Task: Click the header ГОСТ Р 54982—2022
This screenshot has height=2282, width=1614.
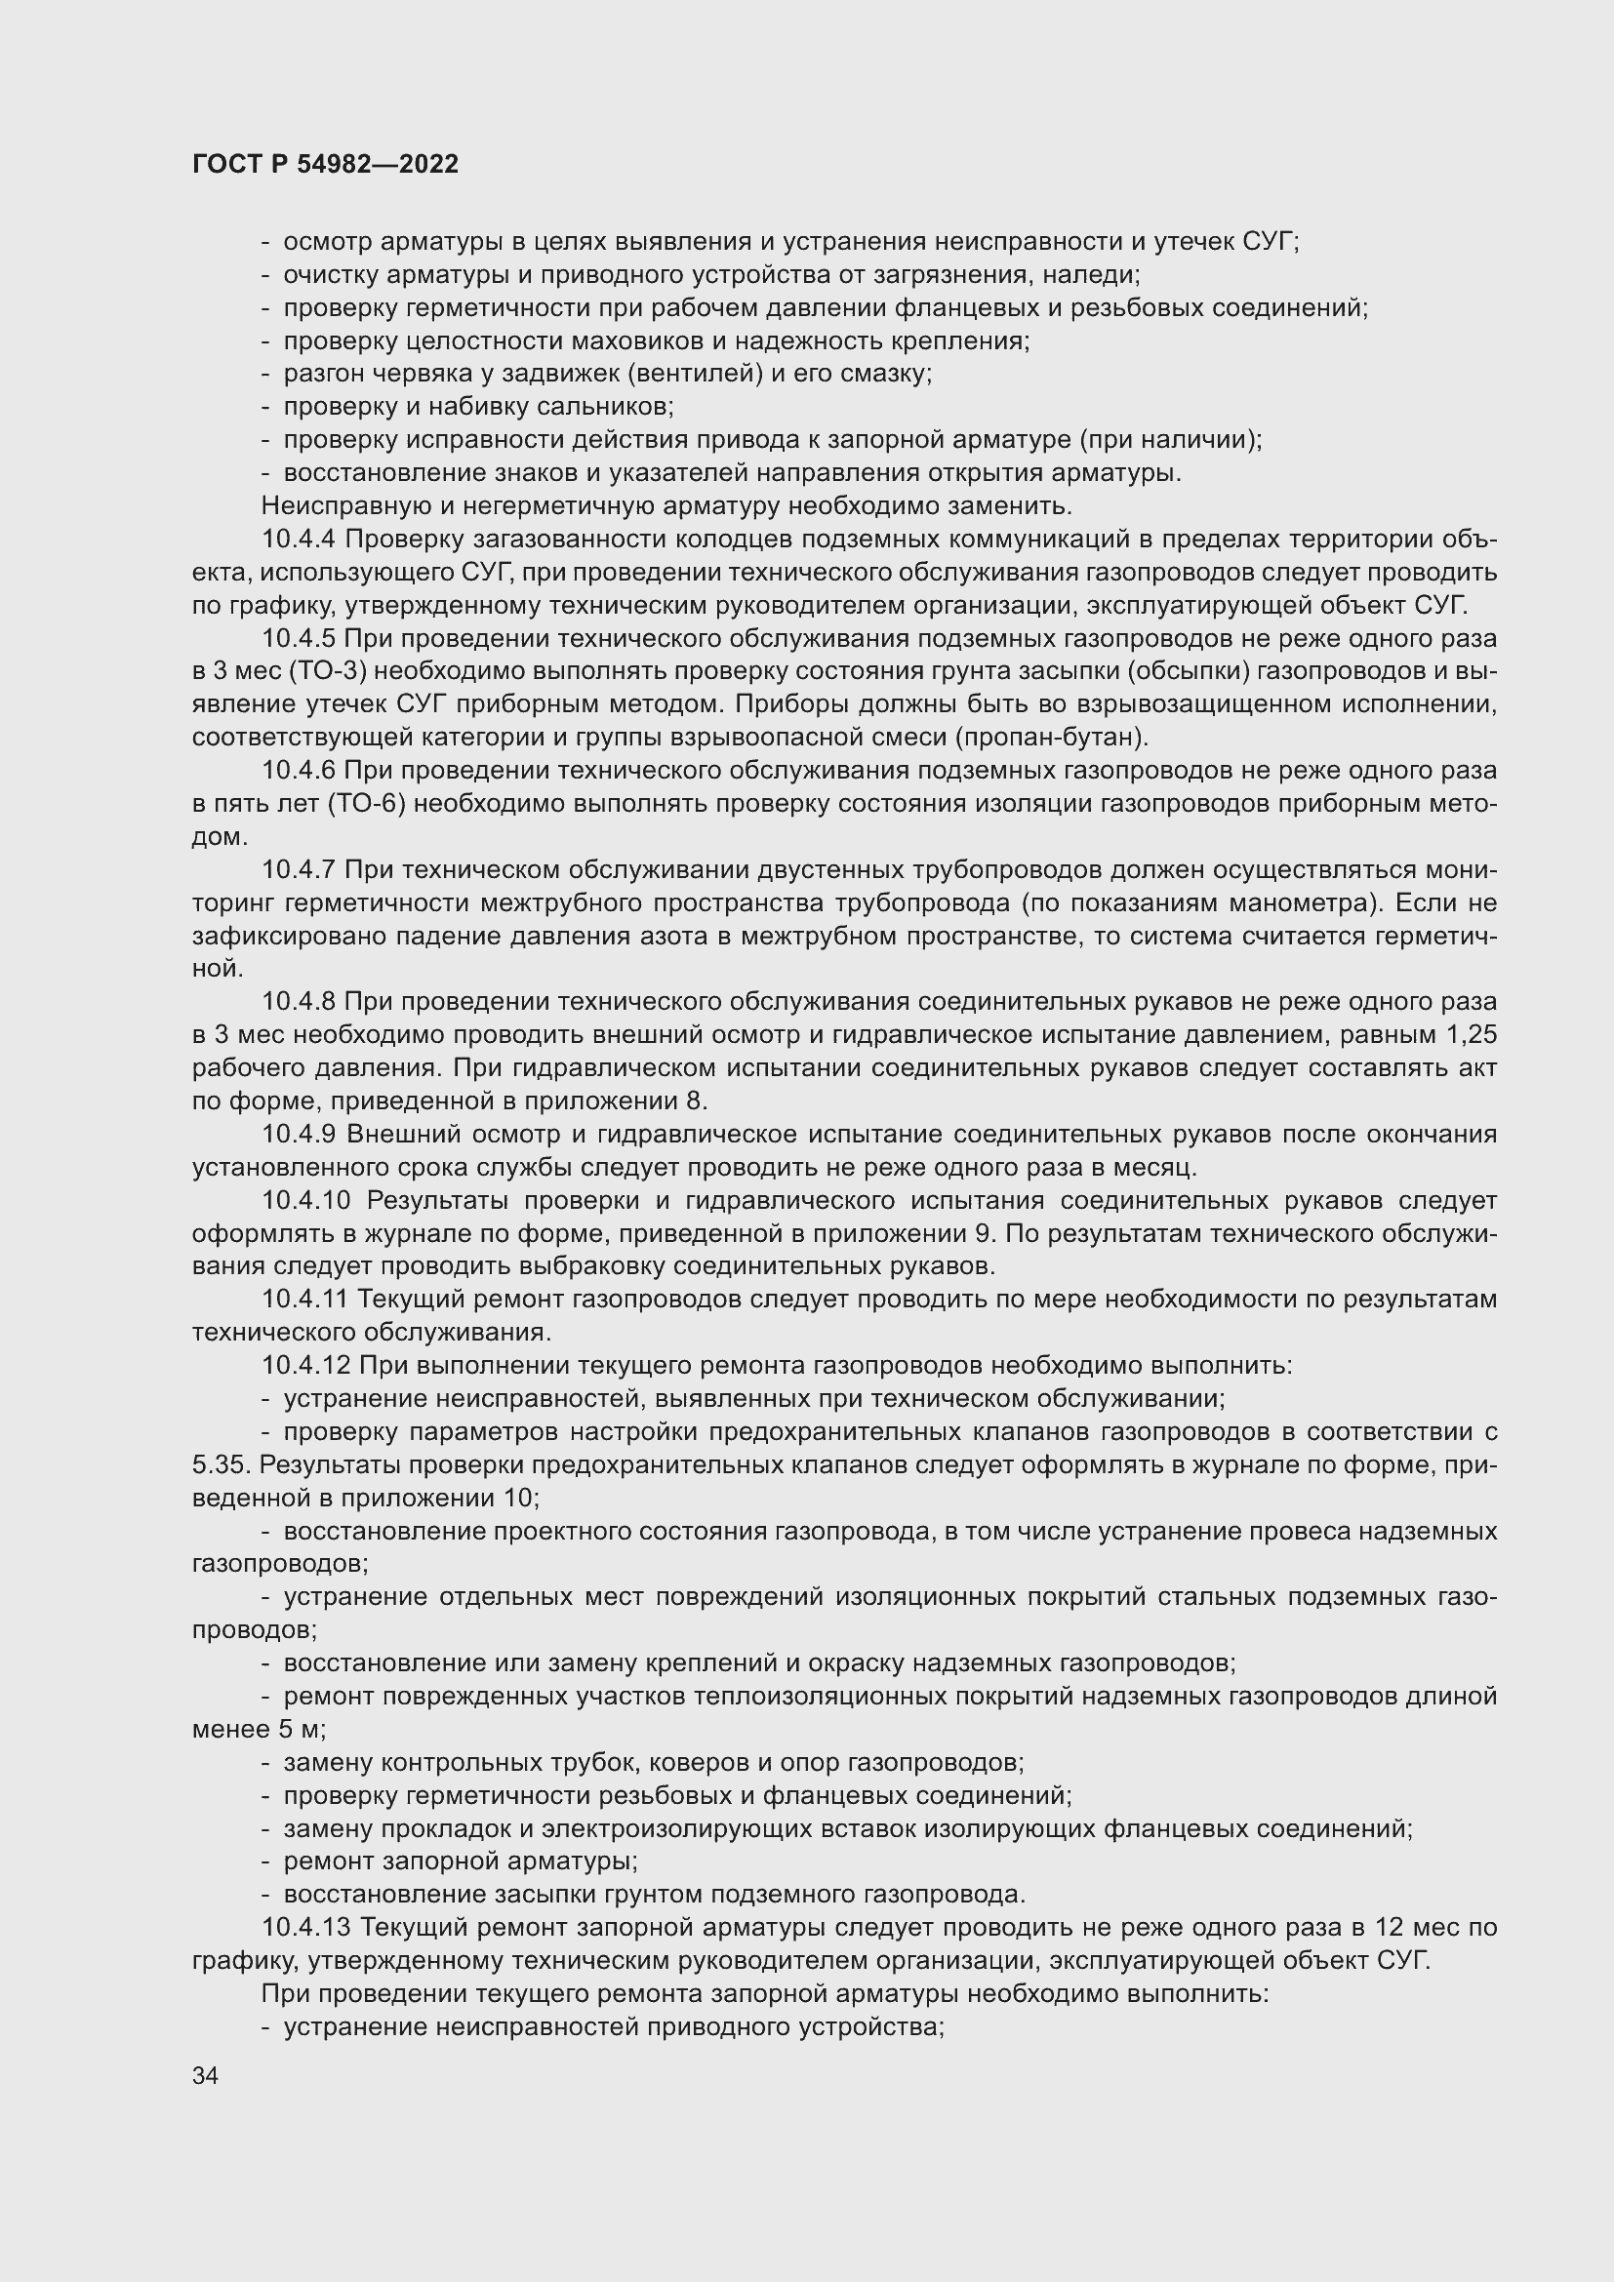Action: coord(325,164)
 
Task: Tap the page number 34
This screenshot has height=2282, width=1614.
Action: coord(206,2075)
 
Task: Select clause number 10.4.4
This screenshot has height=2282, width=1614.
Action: coord(300,540)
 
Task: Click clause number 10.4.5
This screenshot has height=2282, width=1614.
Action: coord(300,638)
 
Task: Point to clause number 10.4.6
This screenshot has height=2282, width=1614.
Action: coord(300,771)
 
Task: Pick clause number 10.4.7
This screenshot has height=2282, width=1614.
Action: coord(300,869)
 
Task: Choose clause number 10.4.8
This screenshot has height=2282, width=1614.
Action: coord(300,1002)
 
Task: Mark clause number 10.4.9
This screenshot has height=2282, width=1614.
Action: coord(300,1134)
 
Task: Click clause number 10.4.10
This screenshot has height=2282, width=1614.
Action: coord(306,1201)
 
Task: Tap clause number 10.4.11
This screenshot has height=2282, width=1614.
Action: coord(305,1299)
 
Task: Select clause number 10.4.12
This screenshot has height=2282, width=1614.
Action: coord(306,1366)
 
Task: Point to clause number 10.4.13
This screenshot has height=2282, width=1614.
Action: coord(306,1927)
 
